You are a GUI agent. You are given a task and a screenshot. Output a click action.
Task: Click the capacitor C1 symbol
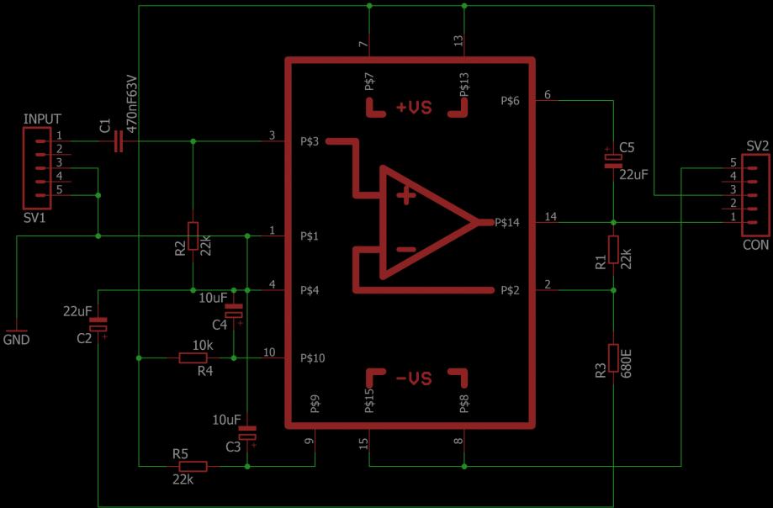click(118, 142)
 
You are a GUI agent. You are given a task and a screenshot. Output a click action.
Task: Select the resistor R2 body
click(193, 236)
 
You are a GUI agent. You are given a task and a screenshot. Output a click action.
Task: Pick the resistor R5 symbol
click(192, 466)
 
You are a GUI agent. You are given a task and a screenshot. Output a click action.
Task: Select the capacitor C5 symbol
click(613, 160)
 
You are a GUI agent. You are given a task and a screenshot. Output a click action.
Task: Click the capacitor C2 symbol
click(99, 324)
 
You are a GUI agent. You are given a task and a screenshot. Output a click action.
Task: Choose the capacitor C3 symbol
click(247, 434)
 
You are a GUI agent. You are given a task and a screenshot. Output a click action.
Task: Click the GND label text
click(17, 340)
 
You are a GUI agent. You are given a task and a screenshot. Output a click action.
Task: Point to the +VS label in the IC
click(413, 108)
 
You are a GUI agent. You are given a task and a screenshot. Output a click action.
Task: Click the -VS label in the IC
click(413, 379)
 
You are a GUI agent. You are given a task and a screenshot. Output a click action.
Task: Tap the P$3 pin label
click(310, 141)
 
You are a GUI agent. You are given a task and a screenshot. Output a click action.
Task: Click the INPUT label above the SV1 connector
click(42, 119)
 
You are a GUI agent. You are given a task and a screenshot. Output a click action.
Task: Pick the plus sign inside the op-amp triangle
click(407, 197)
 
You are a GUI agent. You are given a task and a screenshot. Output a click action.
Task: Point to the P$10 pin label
click(313, 358)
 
